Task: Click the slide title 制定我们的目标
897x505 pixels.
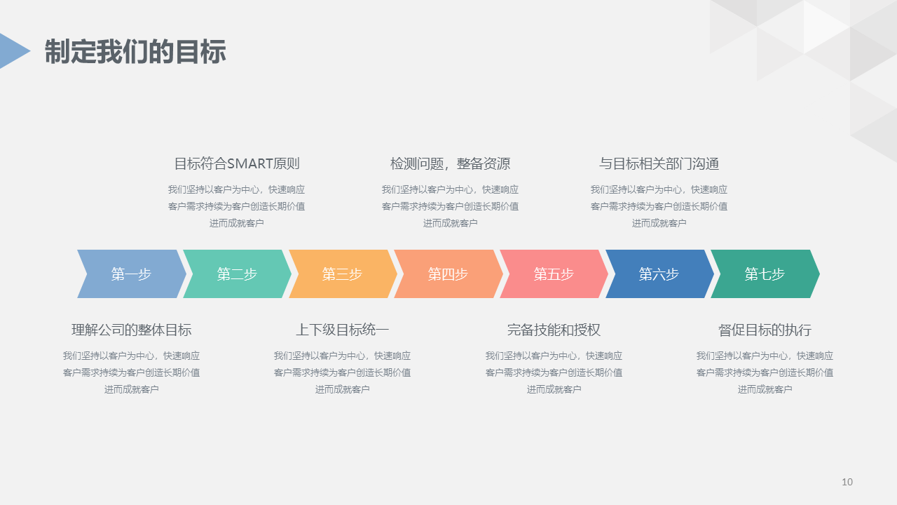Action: tap(135, 52)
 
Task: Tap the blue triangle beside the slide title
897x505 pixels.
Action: tap(13, 50)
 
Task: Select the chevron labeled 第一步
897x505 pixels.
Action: tap(131, 274)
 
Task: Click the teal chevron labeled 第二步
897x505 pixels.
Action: tap(237, 274)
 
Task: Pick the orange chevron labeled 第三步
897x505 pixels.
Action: tap(343, 274)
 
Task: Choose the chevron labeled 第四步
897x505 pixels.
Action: tap(448, 274)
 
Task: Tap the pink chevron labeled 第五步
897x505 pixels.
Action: tap(554, 274)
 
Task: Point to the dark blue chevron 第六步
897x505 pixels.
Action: tap(659, 274)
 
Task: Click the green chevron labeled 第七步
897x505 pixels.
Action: tap(765, 274)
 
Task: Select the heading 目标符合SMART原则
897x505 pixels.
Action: tap(237, 164)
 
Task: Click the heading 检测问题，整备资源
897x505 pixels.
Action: tap(451, 164)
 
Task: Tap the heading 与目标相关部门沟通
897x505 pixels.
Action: tap(659, 164)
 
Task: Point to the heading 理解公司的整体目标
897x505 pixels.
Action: tap(132, 330)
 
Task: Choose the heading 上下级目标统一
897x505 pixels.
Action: tap(343, 330)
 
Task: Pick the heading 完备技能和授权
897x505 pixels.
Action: tap(554, 330)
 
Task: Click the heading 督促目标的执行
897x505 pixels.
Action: tap(765, 330)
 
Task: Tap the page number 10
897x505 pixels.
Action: tap(847, 482)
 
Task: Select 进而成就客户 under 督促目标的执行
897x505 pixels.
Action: tap(765, 390)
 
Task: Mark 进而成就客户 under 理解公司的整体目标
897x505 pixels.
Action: tap(132, 390)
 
